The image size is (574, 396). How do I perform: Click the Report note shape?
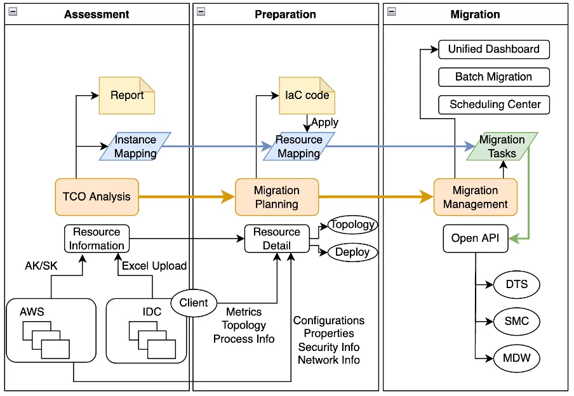pos(127,96)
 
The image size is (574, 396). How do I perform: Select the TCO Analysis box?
pos(97,196)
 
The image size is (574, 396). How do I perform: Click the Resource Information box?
pos(97,239)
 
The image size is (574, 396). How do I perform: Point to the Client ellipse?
pos(194,303)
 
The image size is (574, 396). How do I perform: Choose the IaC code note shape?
pos(307,96)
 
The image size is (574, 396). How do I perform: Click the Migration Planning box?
pos(276,197)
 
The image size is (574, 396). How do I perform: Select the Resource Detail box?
pos(277,239)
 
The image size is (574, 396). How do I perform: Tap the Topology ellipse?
pos(352,225)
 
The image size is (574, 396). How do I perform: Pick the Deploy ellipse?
pos(352,252)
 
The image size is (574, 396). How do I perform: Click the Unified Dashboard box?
pos(493,49)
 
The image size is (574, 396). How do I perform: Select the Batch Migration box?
pos(493,77)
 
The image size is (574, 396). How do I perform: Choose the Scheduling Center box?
pos(493,104)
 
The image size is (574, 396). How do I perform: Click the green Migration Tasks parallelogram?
pos(502,146)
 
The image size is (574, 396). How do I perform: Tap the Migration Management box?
pos(475,197)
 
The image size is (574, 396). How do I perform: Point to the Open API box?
pos(475,239)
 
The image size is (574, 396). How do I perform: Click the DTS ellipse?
pos(516,284)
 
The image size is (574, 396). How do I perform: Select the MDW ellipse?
pos(516,359)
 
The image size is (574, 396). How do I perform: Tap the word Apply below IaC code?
pos(324,122)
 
